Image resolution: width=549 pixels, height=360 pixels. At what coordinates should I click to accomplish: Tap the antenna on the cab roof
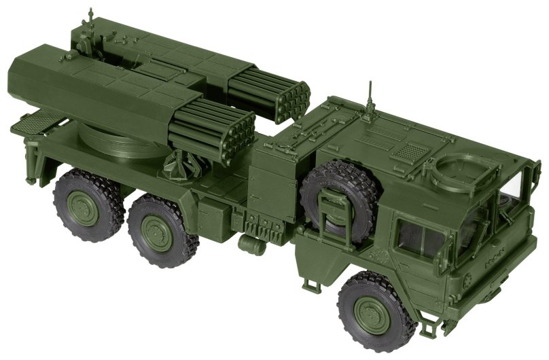pyautogui.click(x=370, y=98)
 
